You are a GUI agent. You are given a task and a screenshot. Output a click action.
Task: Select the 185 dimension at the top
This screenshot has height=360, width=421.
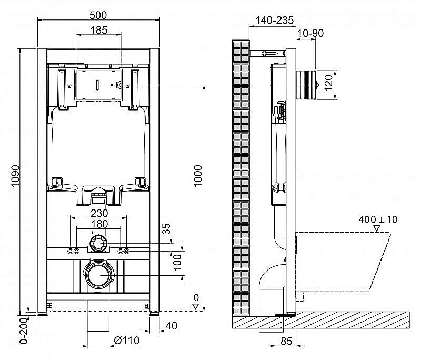(x=98, y=30)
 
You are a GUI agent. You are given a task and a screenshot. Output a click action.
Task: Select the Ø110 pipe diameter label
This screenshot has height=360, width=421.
(x=126, y=341)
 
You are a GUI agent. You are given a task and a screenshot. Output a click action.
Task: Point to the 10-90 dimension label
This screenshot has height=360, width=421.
(x=310, y=33)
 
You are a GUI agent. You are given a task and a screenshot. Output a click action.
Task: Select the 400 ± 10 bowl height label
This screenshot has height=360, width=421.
(x=377, y=219)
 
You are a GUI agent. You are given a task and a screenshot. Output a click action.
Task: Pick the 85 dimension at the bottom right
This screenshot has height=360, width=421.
(x=286, y=341)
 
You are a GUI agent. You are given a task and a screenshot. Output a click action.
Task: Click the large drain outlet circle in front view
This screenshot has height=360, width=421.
(x=98, y=275)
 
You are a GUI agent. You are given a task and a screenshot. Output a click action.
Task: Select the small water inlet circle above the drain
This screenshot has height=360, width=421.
(x=98, y=243)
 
